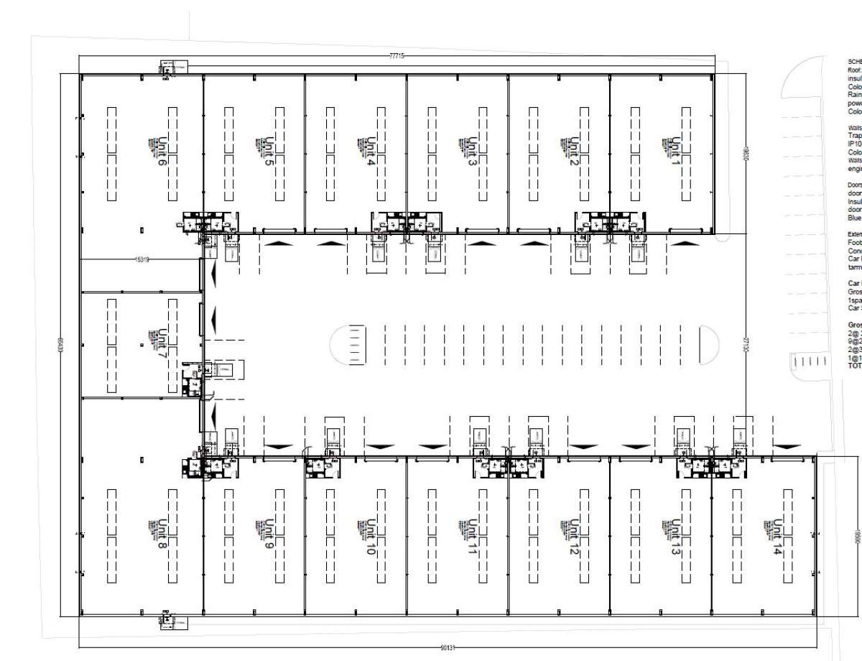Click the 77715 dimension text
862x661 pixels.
coord(396,56)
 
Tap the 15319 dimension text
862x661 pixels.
coord(141,259)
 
